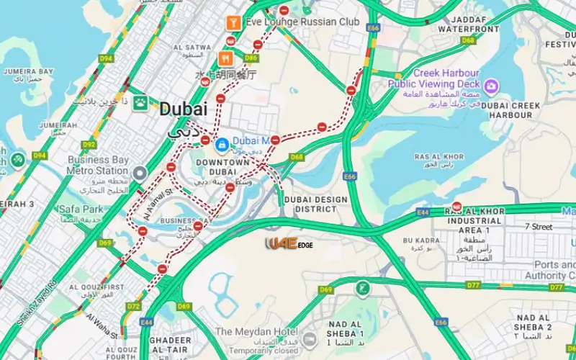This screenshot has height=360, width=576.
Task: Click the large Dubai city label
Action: coord(183,109)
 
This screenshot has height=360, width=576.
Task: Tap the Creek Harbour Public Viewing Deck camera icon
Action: coord(492,87)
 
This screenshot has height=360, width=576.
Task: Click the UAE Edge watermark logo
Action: coord(289,244)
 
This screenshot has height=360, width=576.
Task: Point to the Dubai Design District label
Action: coord(315,204)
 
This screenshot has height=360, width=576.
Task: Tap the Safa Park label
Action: coord(82,210)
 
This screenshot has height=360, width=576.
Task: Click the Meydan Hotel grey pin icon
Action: coord(309,339)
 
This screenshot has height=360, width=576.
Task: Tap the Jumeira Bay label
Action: coord(28,73)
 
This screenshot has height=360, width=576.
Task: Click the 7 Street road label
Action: coord(538,227)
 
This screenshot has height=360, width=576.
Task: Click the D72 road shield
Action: coord(133,306)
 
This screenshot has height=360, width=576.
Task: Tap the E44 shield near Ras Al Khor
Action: coord(423,213)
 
